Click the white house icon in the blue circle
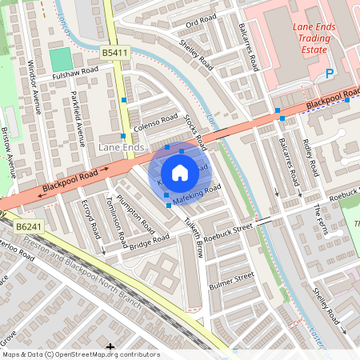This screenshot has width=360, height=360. pyautogui.click(x=180, y=173)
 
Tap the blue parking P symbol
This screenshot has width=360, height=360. pyautogui.click(x=329, y=74)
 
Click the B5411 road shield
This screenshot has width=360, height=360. pyautogui.click(x=114, y=53)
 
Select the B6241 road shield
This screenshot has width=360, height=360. pyautogui.click(x=28, y=227)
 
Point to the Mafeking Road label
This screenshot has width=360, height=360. pyautogui.click(x=196, y=193)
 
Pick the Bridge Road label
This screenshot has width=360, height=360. pyautogui.click(x=150, y=242)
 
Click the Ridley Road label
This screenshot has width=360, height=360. pyautogui.click(x=310, y=157)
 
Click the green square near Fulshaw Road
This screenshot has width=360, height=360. pyautogui.click(x=61, y=59)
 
